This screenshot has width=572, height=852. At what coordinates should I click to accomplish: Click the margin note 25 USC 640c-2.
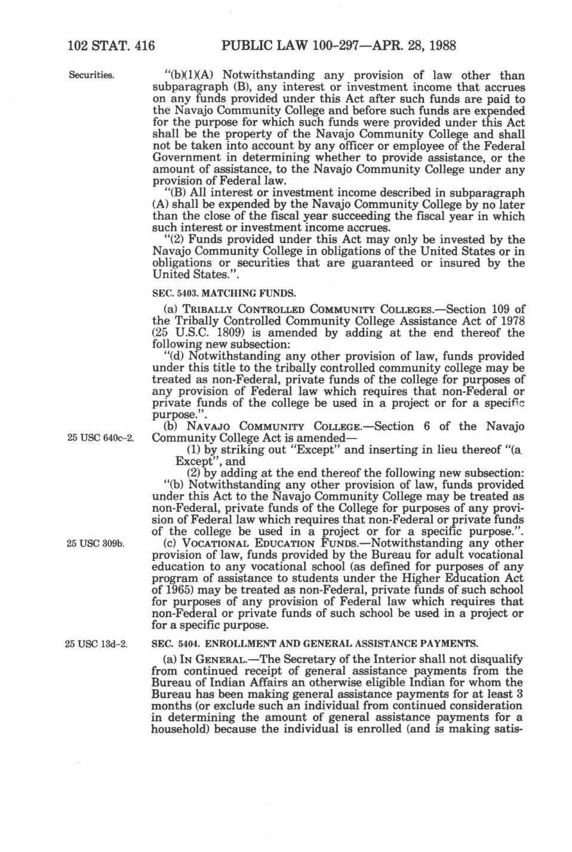(x=97, y=438)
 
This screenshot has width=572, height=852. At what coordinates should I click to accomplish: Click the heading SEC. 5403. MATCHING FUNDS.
(x=223, y=293)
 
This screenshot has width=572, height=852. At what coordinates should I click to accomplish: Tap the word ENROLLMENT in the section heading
(x=232, y=644)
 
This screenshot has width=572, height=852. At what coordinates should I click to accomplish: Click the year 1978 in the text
(x=511, y=321)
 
